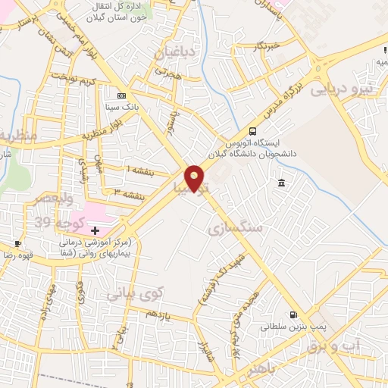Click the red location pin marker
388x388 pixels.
(196, 178)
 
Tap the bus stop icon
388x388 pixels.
(252, 130)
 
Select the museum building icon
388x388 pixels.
(281, 183)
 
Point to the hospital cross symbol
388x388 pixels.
(95, 230)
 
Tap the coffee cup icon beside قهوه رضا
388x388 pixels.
(17, 243)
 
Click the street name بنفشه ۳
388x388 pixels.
(129, 195)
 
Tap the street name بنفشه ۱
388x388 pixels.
(139, 171)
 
